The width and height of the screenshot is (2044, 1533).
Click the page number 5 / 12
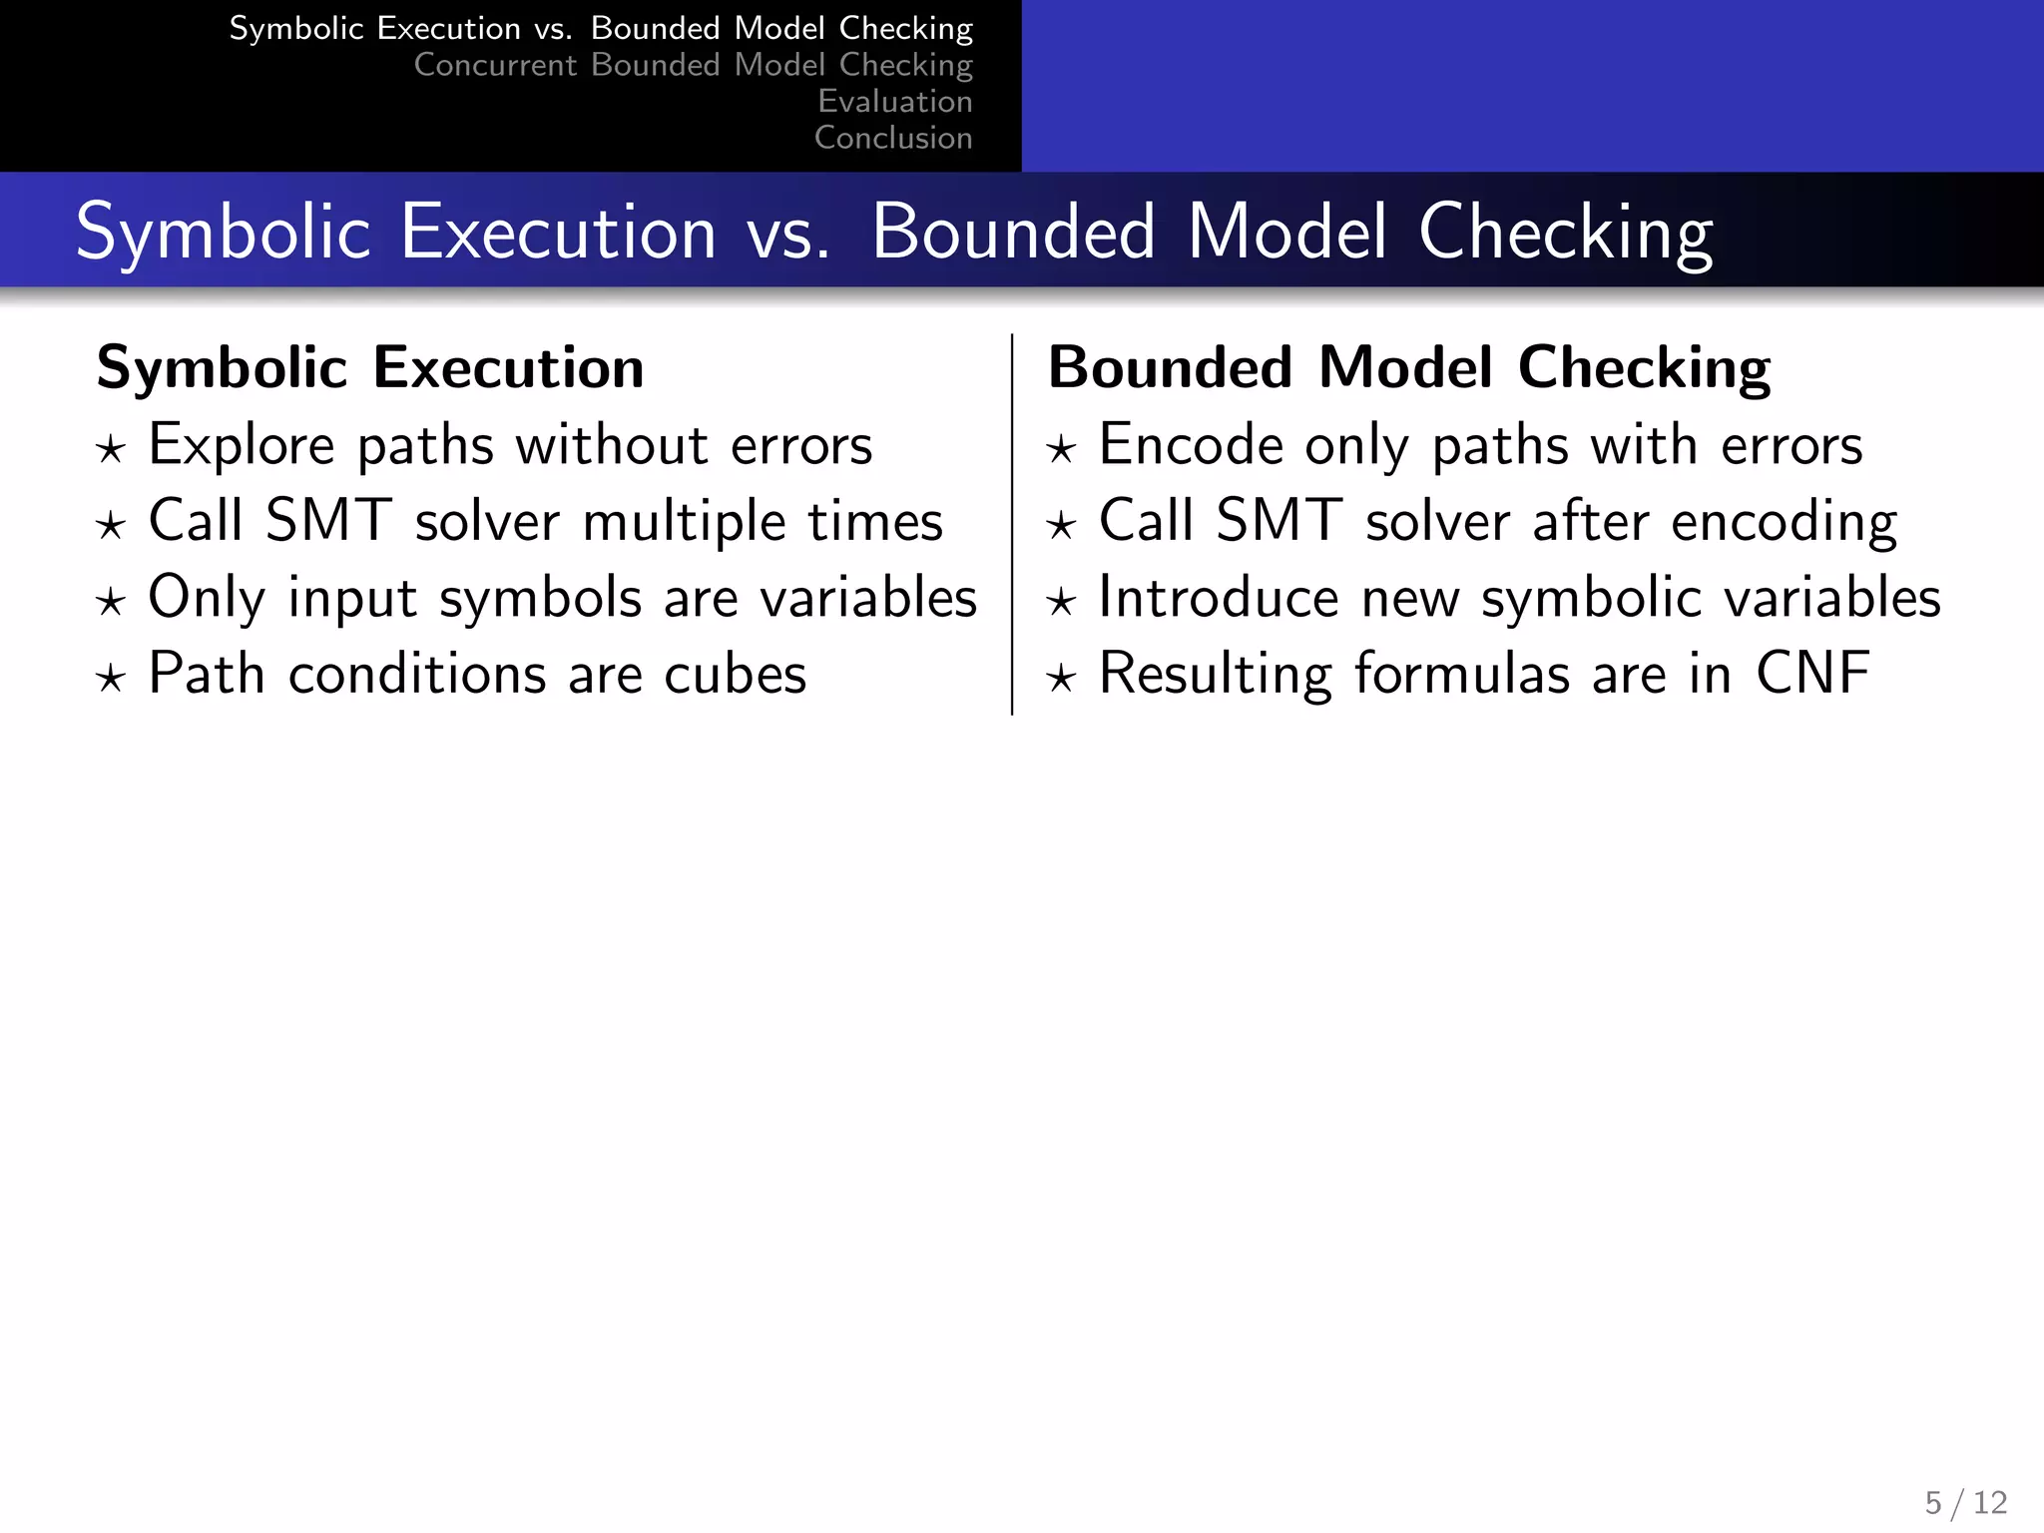coord(1965,1502)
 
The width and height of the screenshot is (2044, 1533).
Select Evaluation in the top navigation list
coord(894,101)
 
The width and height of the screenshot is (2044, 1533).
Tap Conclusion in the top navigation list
coord(892,138)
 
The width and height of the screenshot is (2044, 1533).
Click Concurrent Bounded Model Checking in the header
coord(693,65)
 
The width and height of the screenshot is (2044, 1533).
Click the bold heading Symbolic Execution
coord(370,368)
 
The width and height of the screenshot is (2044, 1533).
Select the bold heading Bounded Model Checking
coord(1408,368)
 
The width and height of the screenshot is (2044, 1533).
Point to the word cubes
coord(735,675)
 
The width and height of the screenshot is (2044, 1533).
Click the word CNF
coord(1811,674)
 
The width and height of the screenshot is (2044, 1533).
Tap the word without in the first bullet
coord(612,445)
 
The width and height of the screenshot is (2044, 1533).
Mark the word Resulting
coord(1215,676)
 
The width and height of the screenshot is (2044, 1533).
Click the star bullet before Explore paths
coord(111,450)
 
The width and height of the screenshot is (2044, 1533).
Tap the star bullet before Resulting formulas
coord(1061,680)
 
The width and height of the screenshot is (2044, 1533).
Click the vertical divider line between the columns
coord(1012,524)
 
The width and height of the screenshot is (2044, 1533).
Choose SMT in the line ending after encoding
coord(1278,522)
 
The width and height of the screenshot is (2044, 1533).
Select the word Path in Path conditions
coord(207,675)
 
